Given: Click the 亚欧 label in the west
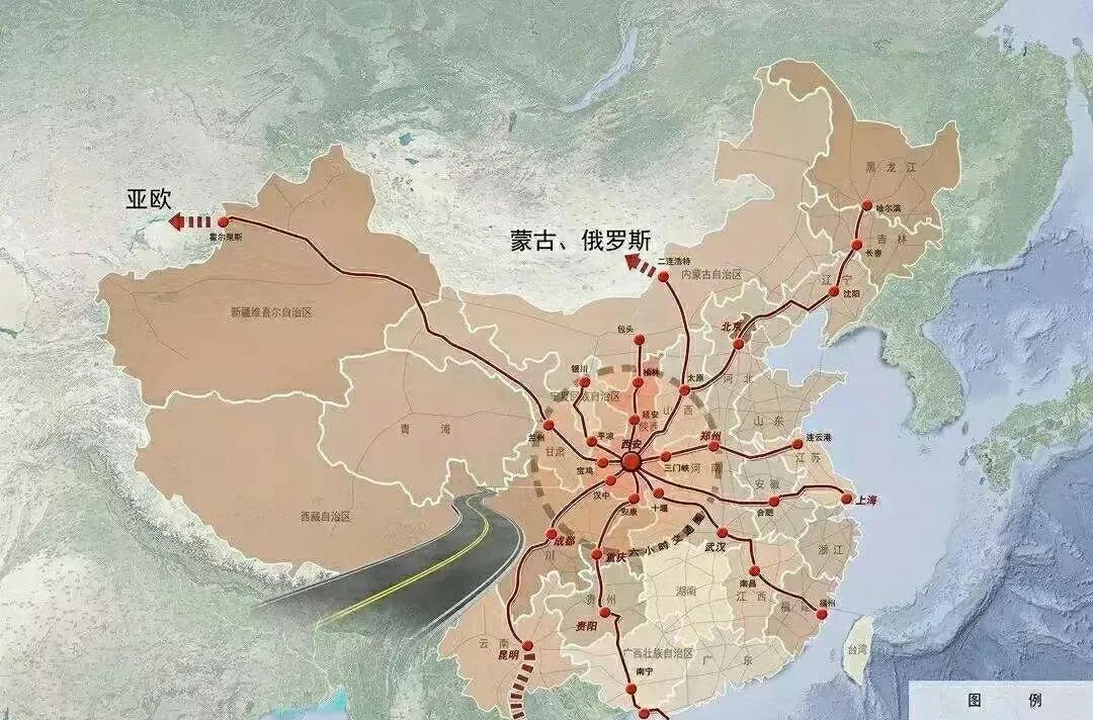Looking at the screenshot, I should [x=149, y=199].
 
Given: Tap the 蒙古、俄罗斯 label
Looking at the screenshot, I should [x=580, y=241].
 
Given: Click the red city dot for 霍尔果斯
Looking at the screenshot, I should [x=223, y=222].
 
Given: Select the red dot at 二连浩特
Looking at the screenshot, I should [x=664, y=276].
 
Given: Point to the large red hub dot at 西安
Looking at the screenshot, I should [x=631, y=463].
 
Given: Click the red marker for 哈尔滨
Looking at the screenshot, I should [x=867, y=206].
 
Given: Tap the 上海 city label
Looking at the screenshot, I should [x=866, y=500].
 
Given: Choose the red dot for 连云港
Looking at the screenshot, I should [x=798, y=444].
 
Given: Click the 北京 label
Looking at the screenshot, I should [x=732, y=327].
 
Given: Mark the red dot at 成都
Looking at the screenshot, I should [x=552, y=534].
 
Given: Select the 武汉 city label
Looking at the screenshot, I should [x=715, y=547].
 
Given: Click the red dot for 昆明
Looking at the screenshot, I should [x=528, y=646].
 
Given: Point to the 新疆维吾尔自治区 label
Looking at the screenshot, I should [x=271, y=313].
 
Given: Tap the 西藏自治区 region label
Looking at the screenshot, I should [x=325, y=516].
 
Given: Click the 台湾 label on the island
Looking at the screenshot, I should [x=858, y=650].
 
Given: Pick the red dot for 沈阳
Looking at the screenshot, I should [x=834, y=291].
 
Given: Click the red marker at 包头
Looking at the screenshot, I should [x=639, y=340].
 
